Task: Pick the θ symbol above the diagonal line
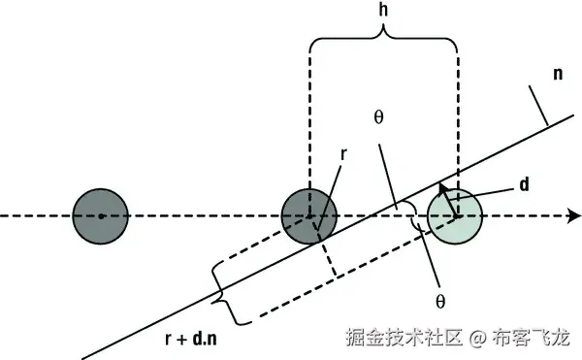click(377, 114)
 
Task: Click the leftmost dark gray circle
click(101, 216)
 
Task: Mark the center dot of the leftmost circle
click(101, 216)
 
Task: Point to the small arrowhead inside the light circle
click(443, 189)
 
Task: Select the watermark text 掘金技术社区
click(405, 339)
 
